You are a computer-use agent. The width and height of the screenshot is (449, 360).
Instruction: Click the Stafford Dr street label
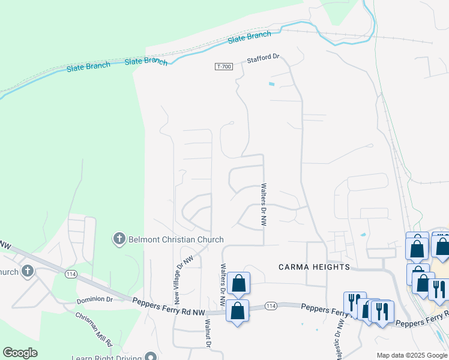264,58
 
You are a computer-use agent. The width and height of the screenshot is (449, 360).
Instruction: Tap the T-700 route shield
223,66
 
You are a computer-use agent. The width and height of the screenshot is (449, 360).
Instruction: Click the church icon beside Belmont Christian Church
119,239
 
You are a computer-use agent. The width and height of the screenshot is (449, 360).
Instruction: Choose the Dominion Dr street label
95,298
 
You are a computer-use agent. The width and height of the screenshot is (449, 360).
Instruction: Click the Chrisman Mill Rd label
94,329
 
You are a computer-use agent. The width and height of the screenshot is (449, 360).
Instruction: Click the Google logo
20,353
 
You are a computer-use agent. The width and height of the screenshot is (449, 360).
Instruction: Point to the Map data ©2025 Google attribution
411,355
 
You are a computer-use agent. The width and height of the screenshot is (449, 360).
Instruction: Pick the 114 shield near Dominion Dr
71,274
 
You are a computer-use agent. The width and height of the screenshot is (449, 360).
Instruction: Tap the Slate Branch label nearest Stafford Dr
249,38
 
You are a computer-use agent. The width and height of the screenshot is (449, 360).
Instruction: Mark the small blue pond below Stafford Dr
271,83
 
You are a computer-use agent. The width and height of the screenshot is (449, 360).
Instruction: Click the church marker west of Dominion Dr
27,272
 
